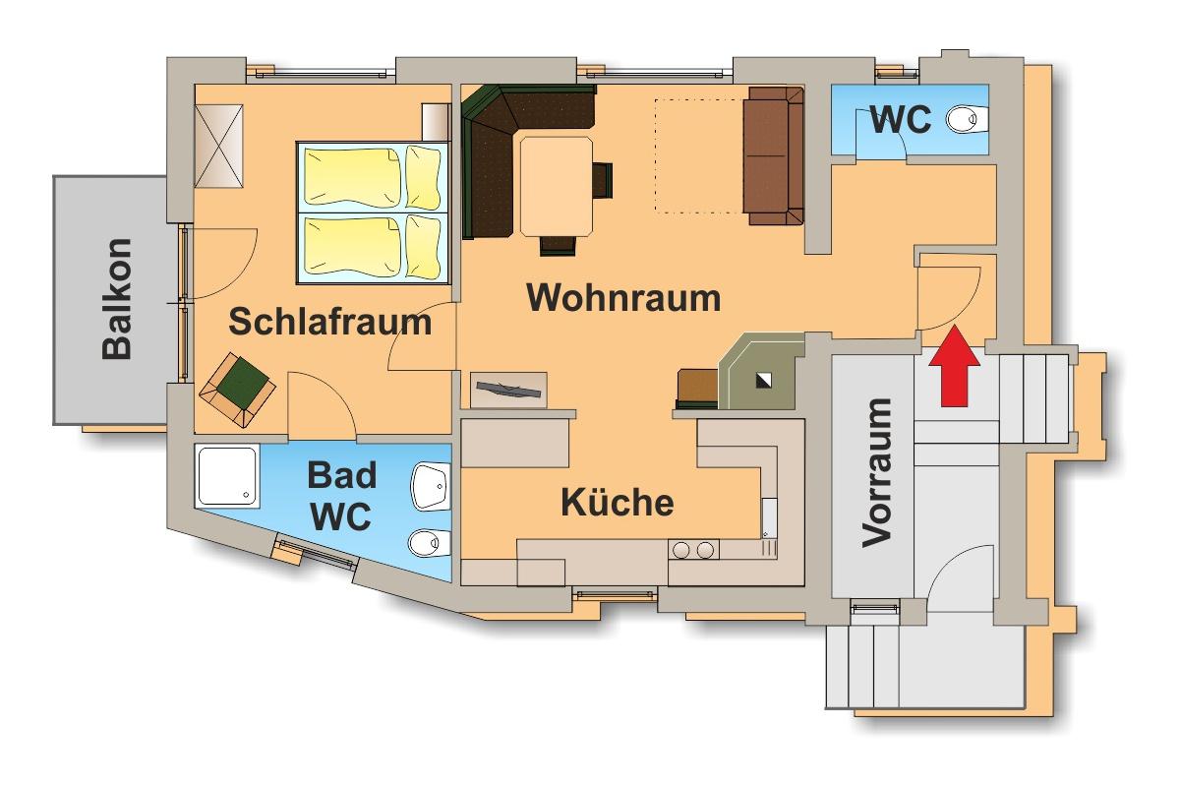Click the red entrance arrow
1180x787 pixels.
(x=953, y=370)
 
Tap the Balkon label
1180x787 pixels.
(x=116, y=299)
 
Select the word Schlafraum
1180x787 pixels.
(x=330, y=321)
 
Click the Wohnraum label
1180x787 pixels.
(x=623, y=297)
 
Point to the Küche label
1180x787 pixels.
(x=618, y=502)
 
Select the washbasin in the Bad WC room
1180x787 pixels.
(x=429, y=485)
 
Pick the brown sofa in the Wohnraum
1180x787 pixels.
(x=773, y=154)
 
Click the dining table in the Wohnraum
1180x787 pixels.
(x=557, y=186)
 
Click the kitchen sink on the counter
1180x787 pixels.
(x=769, y=516)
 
